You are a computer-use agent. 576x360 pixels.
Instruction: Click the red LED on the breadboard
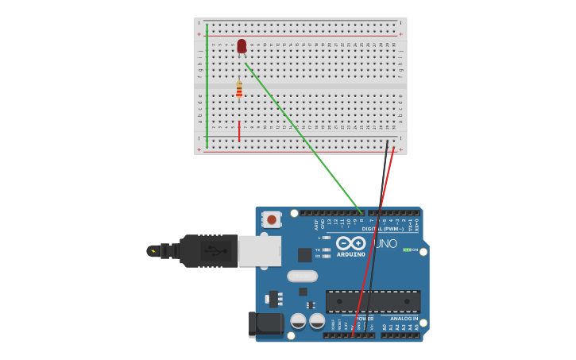[242, 46]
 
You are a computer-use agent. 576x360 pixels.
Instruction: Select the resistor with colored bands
[239, 91]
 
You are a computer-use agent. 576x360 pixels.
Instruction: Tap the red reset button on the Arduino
[272, 219]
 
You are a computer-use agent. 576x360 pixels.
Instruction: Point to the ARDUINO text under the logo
[350, 254]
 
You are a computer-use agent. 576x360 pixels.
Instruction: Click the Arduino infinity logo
[350, 242]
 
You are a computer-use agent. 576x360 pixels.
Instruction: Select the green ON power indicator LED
[407, 250]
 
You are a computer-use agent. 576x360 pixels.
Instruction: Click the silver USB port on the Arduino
[260, 250]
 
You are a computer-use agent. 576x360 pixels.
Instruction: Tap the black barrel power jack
[266, 324]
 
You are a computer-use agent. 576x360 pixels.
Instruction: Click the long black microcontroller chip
[373, 302]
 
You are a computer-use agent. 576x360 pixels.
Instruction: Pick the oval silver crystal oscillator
[302, 276]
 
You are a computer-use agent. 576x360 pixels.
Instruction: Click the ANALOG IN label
[403, 319]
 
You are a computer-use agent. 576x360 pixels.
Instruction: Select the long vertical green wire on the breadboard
[207, 85]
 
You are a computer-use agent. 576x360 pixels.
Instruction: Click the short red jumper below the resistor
[239, 130]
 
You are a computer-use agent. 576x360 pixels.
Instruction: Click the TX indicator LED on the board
[326, 250]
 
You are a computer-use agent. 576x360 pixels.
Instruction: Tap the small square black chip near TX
[304, 254]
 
